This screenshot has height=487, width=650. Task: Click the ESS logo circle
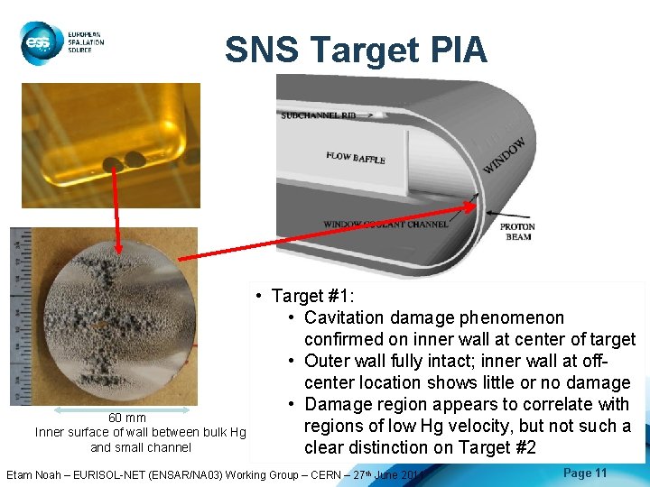tap(38, 41)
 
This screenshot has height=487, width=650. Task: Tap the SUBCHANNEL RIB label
tap(324, 115)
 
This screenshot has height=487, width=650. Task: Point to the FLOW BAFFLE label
tap(356, 158)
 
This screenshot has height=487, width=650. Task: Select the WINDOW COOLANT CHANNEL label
tap(385, 224)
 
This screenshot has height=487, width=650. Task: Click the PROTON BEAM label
tap(517, 233)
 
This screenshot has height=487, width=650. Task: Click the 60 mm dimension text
tap(127, 418)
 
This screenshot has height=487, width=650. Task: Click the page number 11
tap(601, 473)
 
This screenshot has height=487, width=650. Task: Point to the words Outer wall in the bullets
tap(342, 361)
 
